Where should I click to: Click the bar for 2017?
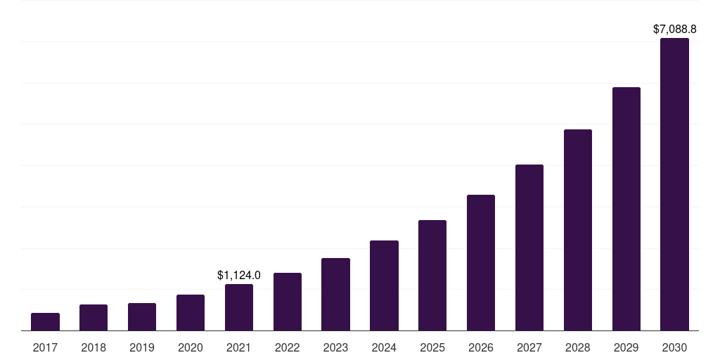[x=45, y=322]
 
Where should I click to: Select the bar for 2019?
[x=142, y=317]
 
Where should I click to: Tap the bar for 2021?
[x=239, y=307]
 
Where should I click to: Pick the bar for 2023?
[x=335, y=295]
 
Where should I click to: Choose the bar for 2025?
[x=432, y=276]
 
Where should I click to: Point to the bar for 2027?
[x=529, y=247]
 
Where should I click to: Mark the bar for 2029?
[x=626, y=209]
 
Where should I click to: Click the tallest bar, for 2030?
[x=674, y=184]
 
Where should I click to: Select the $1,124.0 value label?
[x=239, y=276]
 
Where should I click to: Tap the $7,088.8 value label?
[x=674, y=30]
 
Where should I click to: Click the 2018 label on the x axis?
[x=94, y=347]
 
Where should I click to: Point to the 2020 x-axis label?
[x=191, y=347]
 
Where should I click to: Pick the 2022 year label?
[x=288, y=347]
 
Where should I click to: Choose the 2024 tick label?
[x=384, y=347]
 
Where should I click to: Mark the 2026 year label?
[x=481, y=347]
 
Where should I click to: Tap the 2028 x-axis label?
[x=578, y=347]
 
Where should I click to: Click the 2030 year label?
[x=674, y=347]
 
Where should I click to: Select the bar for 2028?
[x=578, y=230]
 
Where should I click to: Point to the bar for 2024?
[x=384, y=285]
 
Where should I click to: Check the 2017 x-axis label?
[x=45, y=347]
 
